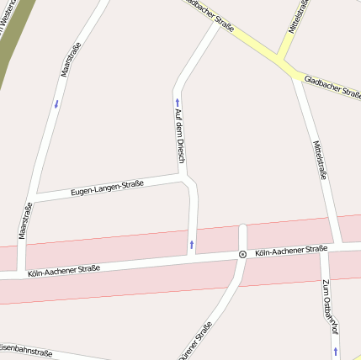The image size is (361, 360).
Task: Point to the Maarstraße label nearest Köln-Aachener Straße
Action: coord(25,220)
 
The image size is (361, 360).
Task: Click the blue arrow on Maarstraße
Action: coord(56,104)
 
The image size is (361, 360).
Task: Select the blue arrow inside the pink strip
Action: coord(192,245)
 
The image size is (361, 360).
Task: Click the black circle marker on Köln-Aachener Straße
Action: coord(242,253)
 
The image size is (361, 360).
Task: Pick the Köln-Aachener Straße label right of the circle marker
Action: coord(290,251)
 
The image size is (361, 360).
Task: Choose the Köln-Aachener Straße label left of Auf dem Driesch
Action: coord(64,270)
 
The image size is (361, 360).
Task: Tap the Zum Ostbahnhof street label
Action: coord(328,307)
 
